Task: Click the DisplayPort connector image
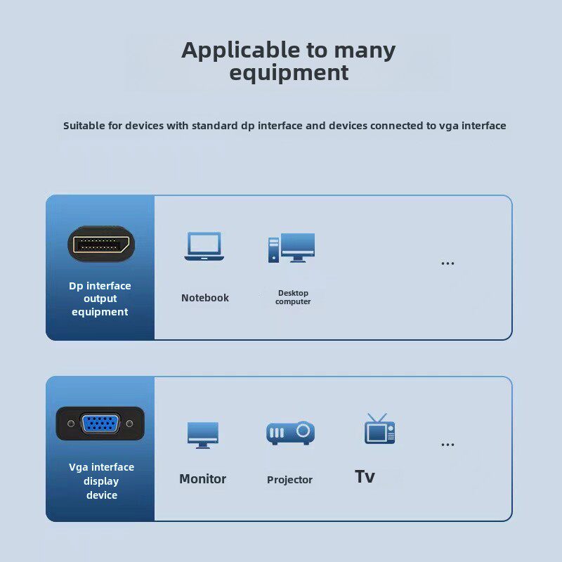[100, 244]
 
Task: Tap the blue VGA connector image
[100, 424]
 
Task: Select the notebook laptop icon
[204, 247]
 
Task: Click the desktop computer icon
[292, 248]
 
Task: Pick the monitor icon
[203, 434]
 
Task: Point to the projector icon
[290, 433]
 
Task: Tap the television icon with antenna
[379, 429]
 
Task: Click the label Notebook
[205, 298]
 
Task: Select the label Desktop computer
[293, 297]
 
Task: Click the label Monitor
[202, 479]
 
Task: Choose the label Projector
[289, 480]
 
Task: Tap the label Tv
[365, 477]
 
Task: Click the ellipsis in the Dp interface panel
[447, 264]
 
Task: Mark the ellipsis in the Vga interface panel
[447, 445]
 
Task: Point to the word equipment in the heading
[289, 72]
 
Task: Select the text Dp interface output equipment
[100, 299]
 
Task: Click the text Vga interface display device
[101, 481]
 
